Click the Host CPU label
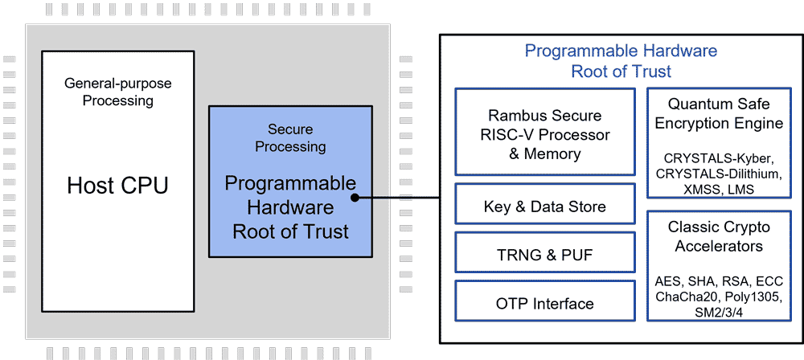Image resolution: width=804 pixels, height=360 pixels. [x=117, y=186]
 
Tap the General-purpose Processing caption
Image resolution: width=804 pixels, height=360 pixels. [x=117, y=92]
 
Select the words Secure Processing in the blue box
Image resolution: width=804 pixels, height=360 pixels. [x=290, y=137]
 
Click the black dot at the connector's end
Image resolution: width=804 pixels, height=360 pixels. [x=355, y=198]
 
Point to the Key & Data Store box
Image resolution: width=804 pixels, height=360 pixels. [x=545, y=207]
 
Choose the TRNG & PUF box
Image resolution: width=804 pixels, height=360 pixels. [x=545, y=256]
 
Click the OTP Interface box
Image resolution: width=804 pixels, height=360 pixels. [x=545, y=304]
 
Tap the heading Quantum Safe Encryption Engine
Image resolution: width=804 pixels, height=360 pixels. [x=719, y=113]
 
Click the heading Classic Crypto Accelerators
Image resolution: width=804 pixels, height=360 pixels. [x=719, y=236]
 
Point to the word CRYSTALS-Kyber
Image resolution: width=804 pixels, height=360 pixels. [x=719, y=157]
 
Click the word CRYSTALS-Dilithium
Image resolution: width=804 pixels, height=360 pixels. [x=719, y=174]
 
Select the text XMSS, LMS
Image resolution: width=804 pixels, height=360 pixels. [x=719, y=190]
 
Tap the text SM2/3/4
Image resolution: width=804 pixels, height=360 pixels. [x=719, y=313]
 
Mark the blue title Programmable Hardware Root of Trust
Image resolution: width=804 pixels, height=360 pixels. [x=621, y=61]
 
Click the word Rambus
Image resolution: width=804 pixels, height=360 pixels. [x=515, y=116]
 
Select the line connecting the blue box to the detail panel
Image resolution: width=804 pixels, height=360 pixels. [x=402, y=198]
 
